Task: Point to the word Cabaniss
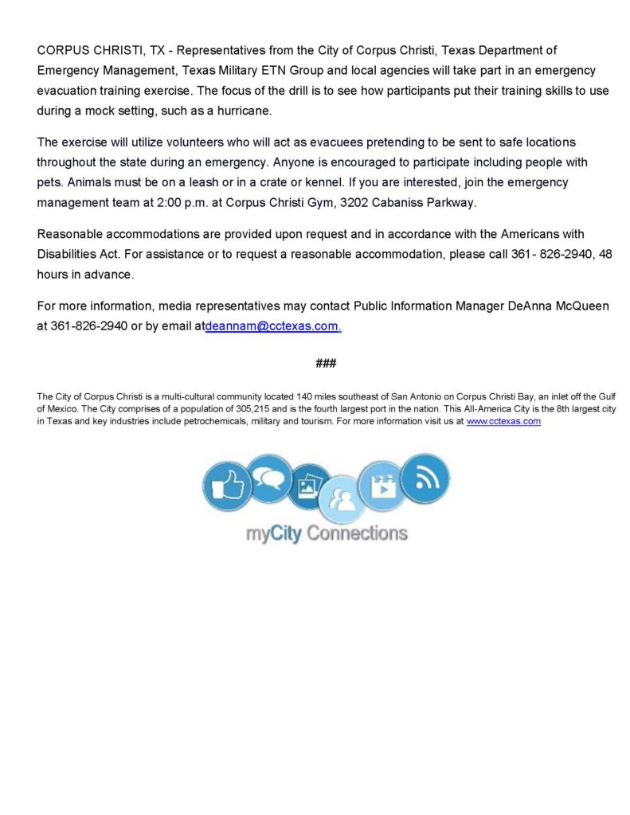(x=402, y=202)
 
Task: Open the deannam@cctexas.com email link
(x=273, y=326)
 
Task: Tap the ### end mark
(x=325, y=363)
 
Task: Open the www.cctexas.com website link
(x=503, y=421)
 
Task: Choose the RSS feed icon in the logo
(x=424, y=479)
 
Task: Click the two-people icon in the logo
(x=342, y=500)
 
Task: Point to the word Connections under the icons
(x=357, y=533)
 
